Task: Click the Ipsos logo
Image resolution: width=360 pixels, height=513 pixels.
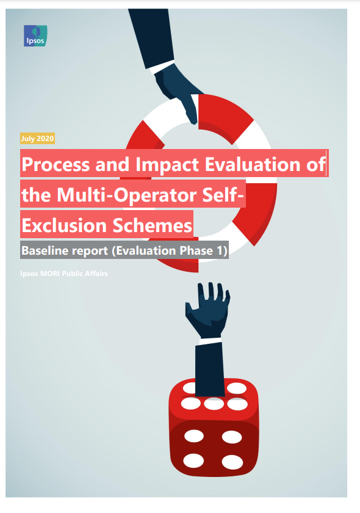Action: (35, 35)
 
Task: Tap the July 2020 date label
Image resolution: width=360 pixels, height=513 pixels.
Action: (37, 139)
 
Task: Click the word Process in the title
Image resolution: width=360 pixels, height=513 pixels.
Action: (56, 164)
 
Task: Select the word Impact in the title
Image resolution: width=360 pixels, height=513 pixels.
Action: (167, 164)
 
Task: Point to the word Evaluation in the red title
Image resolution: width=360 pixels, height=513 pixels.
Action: (253, 164)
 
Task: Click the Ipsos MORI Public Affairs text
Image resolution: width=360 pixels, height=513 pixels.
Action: (64, 274)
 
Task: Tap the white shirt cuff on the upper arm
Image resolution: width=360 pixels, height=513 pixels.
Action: (162, 67)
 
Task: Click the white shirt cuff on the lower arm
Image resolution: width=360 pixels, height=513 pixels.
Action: (211, 341)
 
